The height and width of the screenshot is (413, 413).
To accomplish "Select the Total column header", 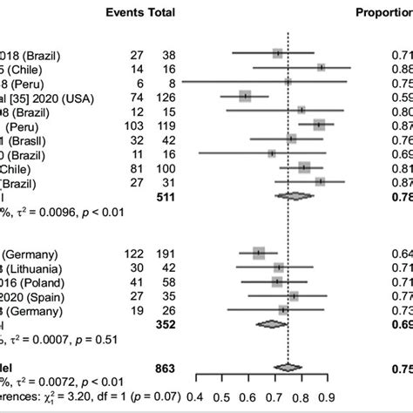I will pos(160,13).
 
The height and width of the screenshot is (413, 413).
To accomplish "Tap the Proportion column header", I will pos(383,13).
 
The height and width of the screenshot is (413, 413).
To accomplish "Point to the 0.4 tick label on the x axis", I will pos(200,400).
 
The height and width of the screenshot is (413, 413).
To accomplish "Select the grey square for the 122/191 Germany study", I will pos(258,253).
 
